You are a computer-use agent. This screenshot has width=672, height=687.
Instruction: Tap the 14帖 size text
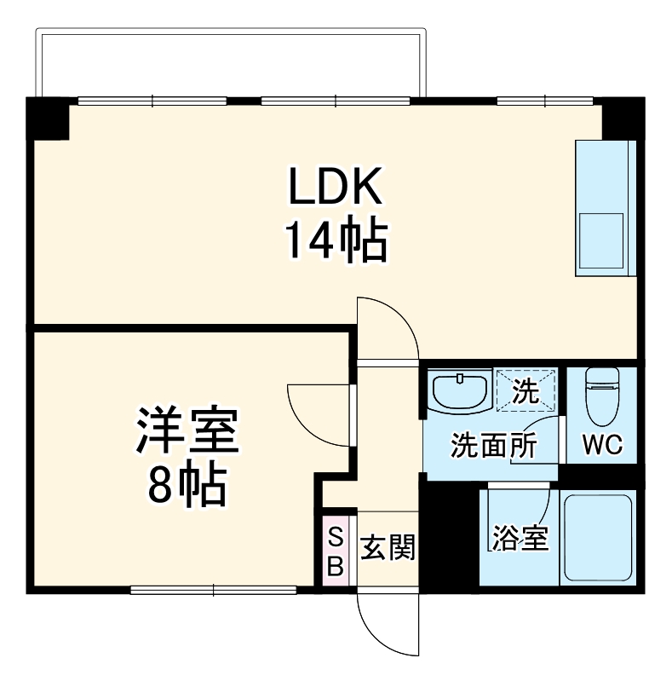click(336, 241)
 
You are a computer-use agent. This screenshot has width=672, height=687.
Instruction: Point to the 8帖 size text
click(186, 487)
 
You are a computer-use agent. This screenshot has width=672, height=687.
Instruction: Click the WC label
click(603, 445)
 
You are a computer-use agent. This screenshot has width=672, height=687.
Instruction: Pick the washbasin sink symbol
click(461, 391)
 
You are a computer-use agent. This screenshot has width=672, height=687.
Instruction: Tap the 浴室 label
click(520, 539)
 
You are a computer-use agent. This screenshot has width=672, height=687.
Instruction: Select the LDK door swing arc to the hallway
click(388, 328)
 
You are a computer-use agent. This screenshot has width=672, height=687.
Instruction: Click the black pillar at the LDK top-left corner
click(48, 118)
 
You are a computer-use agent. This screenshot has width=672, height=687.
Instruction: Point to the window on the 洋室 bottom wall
click(213, 588)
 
